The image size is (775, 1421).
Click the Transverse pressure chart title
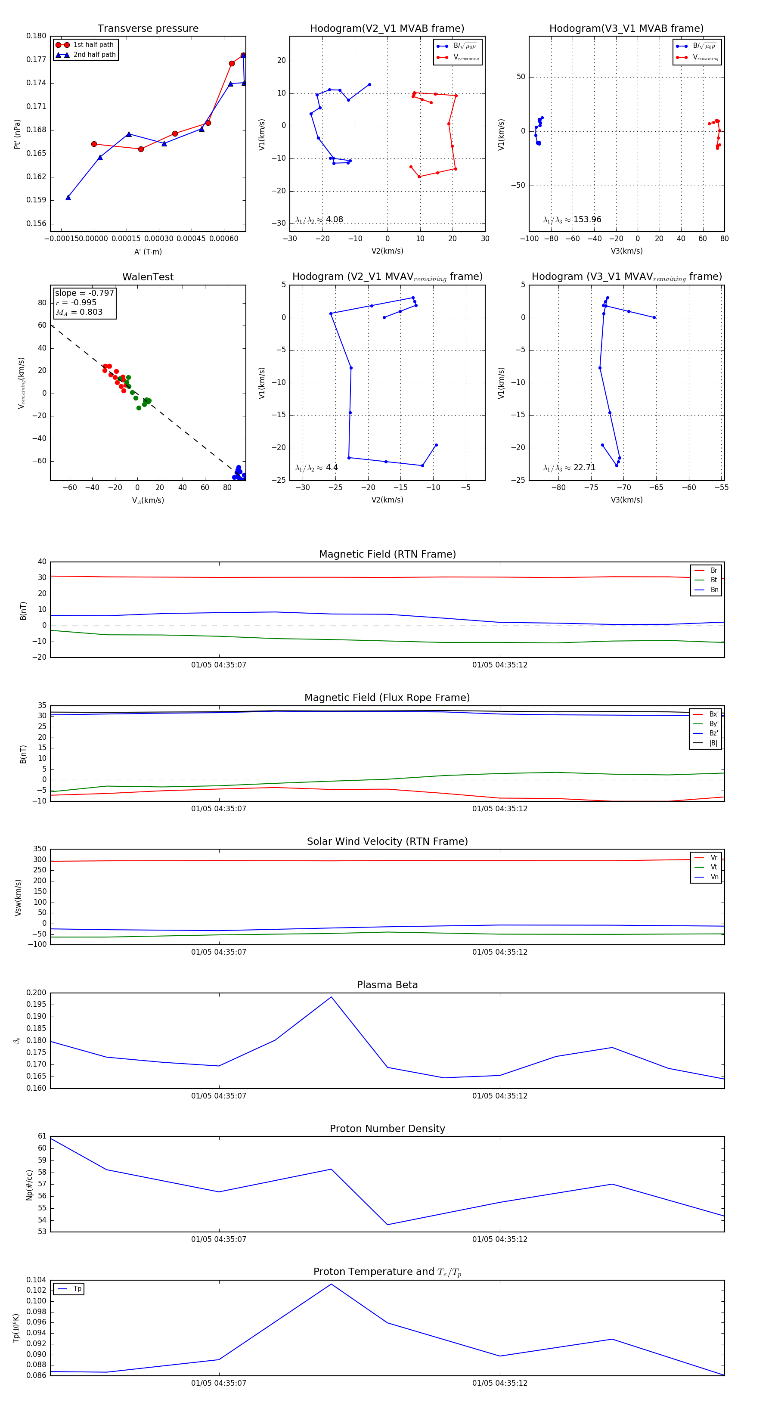(148, 29)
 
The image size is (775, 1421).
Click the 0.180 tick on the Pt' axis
(37, 36)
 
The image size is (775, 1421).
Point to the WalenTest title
(148, 277)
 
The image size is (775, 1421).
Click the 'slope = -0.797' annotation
(84, 293)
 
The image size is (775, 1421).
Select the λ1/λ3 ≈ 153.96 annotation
(572, 220)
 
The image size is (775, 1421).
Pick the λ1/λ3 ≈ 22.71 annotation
(569, 468)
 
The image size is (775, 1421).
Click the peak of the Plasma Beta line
(331, 997)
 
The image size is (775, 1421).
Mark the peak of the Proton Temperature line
(331, 1284)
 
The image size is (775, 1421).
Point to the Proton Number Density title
(387, 1129)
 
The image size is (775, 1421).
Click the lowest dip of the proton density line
(387, 1225)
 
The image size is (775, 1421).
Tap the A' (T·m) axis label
(148, 251)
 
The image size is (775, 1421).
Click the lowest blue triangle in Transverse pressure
(68, 198)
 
